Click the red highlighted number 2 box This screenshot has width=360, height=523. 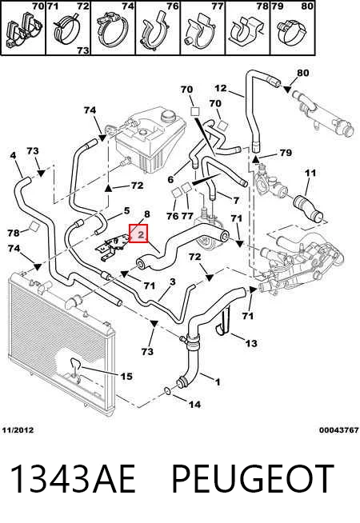point(138,234)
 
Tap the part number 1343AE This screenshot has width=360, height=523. point(73,479)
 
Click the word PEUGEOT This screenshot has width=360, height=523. point(252,479)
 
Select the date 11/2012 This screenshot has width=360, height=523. point(18,430)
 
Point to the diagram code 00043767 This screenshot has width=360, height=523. point(338,430)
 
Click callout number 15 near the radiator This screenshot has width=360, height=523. point(126,376)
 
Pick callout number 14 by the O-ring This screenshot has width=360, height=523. point(194,405)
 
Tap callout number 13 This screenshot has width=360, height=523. point(251,343)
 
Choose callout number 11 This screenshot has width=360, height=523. point(310,173)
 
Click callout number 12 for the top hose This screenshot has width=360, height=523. point(221,88)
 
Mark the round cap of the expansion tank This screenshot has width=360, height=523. point(169,117)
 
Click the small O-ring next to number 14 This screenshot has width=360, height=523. point(167,390)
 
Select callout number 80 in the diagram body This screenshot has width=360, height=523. point(302,73)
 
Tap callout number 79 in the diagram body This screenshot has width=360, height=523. point(286,153)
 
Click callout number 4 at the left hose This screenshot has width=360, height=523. point(13,155)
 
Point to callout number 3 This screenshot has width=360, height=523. point(172,281)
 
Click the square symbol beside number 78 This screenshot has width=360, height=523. point(34,226)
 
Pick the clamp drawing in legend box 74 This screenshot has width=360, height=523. point(112,30)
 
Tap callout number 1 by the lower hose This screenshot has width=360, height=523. point(218,382)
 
